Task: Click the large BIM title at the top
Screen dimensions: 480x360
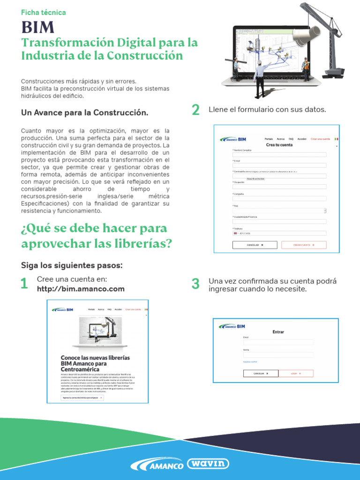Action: tap(37, 28)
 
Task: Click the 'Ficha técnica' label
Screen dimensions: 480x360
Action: tap(44, 13)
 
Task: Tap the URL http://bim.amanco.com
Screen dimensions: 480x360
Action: tap(81, 289)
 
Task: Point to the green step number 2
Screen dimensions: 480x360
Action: tap(195, 110)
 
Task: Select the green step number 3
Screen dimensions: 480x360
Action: tap(195, 284)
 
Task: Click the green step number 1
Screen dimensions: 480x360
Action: tap(24, 284)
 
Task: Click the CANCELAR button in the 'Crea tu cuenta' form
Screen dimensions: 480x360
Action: tap(255, 245)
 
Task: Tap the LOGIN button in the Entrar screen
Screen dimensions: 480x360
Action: tap(295, 374)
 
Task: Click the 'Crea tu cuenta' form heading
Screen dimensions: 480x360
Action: tap(279, 145)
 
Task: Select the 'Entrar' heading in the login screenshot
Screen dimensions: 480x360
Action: tap(278, 332)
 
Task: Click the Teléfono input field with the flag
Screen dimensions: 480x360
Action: tap(279, 233)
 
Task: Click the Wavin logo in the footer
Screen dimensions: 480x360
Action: tap(208, 464)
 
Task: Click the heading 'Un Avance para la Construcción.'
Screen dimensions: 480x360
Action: tap(84, 113)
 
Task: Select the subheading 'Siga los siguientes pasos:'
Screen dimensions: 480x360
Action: tap(71, 265)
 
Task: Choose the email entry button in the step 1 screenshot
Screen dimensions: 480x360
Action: tap(82, 397)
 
